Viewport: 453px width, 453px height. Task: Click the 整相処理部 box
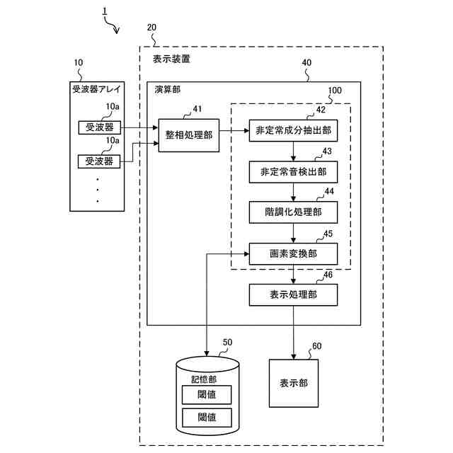pyautogui.click(x=189, y=134)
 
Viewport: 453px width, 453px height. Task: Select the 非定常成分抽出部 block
pyautogui.click(x=292, y=131)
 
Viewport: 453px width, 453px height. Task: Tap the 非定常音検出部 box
pyautogui.click(x=292, y=171)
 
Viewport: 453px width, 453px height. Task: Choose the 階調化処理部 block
pyautogui.click(x=292, y=212)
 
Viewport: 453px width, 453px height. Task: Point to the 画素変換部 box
pyautogui.click(x=292, y=253)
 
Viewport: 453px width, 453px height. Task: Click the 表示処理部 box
pyautogui.click(x=292, y=294)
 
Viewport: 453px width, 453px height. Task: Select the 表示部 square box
pyautogui.click(x=293, y=382)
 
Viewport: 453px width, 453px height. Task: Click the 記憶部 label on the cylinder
pyautogui.click(x=205, y=379)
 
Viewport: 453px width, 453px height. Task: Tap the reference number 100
pyautogui.click(x=335, y=91)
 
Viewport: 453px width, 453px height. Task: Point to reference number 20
pyautogui.click(x=151, y=28)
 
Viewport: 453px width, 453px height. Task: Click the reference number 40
pyautogui.click(x=306, y=62)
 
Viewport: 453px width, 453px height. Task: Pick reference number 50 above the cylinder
pyautogui.click(x=227, y=343)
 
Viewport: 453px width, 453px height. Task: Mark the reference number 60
pyautogui.click(x=316, y=346)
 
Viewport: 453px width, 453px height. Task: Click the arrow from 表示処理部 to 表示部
pyautogui.click(x=292, y=333)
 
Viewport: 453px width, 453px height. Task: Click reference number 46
pyautogui.click(x=328, y=275)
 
